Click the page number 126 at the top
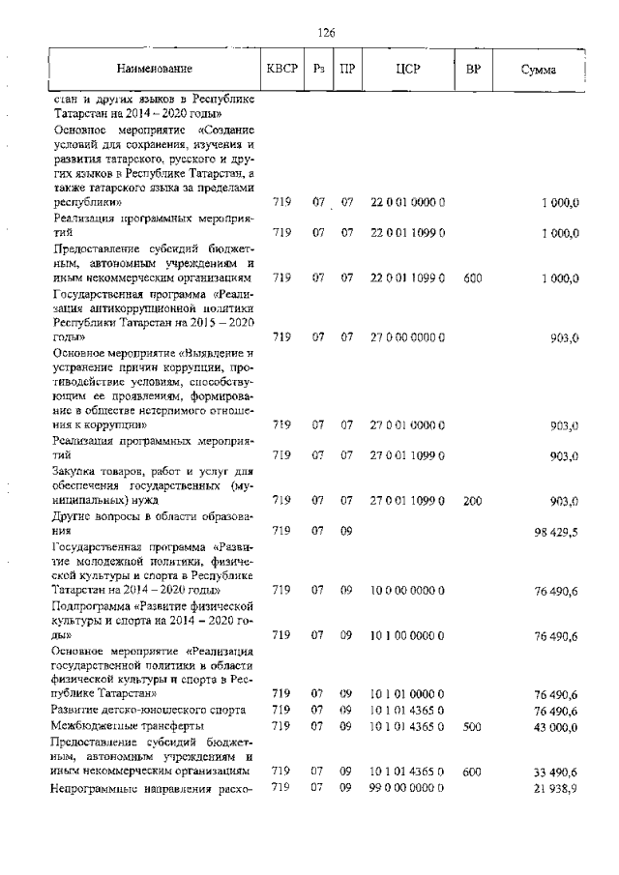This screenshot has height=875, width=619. tap(326, 33)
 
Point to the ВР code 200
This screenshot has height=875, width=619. tap(473, 500)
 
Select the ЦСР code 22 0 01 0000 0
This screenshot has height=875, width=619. tap(407, 202)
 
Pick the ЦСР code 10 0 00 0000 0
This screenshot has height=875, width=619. tap(407, 590)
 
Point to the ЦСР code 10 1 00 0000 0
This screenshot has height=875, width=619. tap(407, 635)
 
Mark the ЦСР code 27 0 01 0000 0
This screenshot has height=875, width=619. tap(407, 424)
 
